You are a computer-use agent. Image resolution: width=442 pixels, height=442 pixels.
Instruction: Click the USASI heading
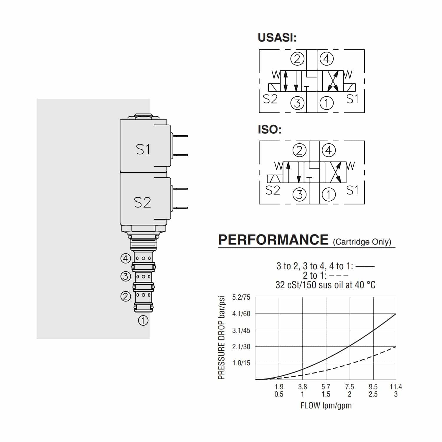coord(277,38)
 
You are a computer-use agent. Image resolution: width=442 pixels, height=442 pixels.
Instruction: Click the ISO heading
coord(270,129)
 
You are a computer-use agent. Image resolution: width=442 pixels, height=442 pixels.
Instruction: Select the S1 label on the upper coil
coord(143,149)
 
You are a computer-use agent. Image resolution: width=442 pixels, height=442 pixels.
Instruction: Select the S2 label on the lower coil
coord(142,202)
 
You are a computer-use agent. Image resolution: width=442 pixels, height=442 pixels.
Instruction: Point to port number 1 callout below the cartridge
coord(143,320)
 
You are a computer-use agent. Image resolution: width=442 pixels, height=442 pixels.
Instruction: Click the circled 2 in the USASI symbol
coord(297,59)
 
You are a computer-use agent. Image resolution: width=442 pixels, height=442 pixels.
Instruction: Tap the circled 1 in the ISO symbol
coord(329,194)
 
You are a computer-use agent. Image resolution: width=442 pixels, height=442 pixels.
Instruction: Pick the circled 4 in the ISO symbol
coord(329,151)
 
